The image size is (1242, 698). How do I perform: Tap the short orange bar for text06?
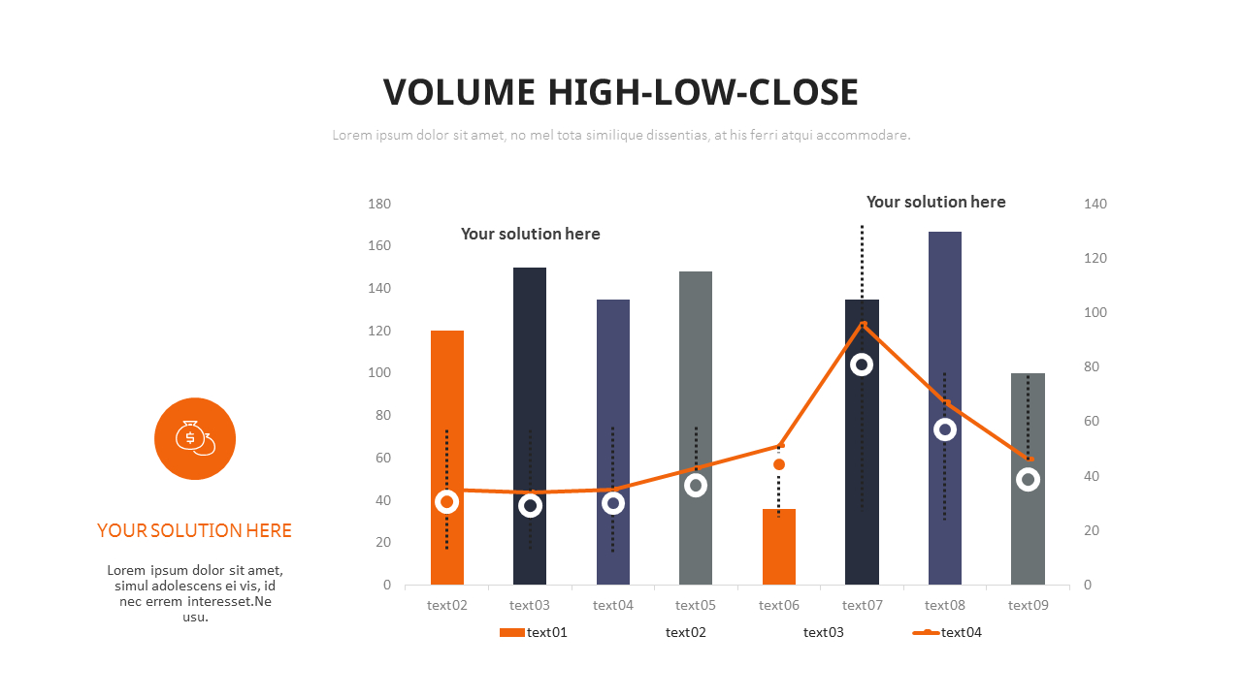(x=779, y=547)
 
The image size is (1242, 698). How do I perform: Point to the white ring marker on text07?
(x=862, y=365)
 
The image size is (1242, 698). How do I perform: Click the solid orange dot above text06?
(x=779, y=464)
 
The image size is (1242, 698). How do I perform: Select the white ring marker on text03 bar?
(x=530, y=505)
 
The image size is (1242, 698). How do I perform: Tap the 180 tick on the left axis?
(x=379, y=204)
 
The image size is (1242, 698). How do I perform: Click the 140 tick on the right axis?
(x=1095, y=204)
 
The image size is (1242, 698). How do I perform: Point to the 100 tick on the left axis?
(x=379, y=373)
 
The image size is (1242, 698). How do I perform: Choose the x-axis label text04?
(x=613, y=606)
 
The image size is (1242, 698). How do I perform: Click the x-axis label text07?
(x=862, y=606)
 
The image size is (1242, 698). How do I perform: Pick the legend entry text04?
(x=961, y=633)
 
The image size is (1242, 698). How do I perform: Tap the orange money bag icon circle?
(x=195, y=438)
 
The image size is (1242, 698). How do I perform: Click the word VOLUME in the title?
(x=459, y=92)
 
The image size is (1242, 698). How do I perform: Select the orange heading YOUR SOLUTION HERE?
(x=195, y=530)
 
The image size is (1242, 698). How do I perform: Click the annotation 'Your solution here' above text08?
(x=935, y=202)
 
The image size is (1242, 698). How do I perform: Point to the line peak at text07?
(x=863, y=324)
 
